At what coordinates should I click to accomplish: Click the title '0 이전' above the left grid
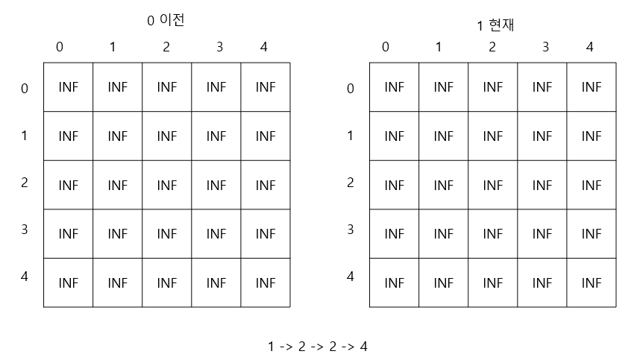[x=166, y=21]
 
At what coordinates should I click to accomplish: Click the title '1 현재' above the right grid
[x=496, y=26]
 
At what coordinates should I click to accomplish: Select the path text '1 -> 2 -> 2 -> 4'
[x=318, y=346]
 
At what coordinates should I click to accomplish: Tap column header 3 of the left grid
[x=219, y=47]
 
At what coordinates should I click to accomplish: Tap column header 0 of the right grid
[x=386, y=47]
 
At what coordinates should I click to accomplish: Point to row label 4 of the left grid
[x=25, y=276]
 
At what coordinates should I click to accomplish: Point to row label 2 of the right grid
[x=351, y=182]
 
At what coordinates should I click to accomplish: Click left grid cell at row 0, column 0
[x=68, y=87]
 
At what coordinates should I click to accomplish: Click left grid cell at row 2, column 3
[x=216, y=185]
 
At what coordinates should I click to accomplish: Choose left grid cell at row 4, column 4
[x=266, y=283]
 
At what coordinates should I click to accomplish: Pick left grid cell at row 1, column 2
[x=167, y=136]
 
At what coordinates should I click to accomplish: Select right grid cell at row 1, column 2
[x=493, y=136]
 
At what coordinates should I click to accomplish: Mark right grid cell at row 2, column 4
[x=591, y=185]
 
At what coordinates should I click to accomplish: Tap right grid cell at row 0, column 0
[x=394, y=87]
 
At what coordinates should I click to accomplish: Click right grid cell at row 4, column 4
[x=591, y=283]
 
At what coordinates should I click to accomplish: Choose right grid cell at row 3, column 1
[x=444, y=234]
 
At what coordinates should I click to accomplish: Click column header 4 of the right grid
[x=590, y=47]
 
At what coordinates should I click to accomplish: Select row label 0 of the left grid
[x=25, y=89]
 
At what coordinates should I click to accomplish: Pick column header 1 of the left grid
[x=113, y=47]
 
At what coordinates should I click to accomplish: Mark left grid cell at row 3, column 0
[x=68, y=234]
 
